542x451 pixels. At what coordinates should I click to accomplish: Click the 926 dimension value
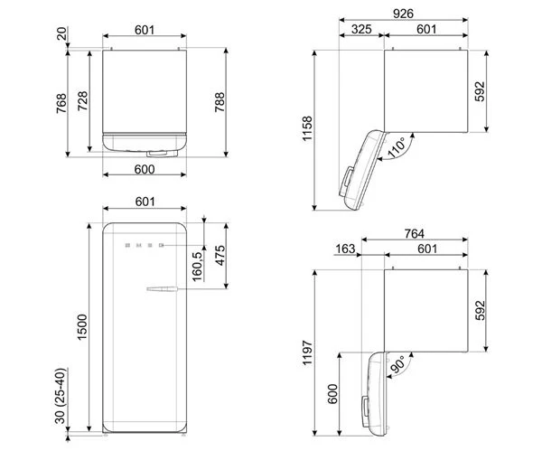click(403, 14)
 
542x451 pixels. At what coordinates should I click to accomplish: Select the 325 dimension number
click(361, 29)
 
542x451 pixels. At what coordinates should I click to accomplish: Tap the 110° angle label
click(397, 147)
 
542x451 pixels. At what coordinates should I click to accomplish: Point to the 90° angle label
click(398, 364)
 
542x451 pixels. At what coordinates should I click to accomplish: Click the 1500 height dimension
click(82, 327)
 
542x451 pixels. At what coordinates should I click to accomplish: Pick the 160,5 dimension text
click(197, 267)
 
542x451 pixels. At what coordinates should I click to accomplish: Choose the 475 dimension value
click(220, 256)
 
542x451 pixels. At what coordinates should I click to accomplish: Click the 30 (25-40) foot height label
click(61, 396)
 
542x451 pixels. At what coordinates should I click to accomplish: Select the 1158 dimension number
click(307, 128)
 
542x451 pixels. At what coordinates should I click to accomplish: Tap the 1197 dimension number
click(307, 352)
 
